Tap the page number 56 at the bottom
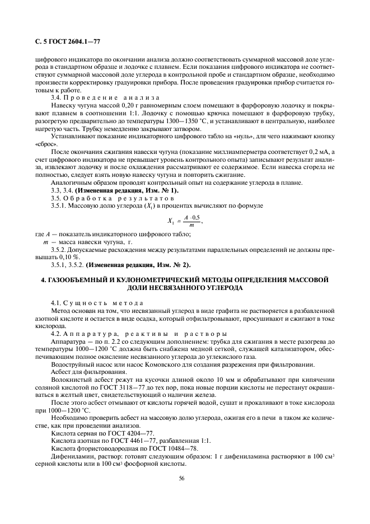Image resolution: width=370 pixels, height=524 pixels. coord(181,479)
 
